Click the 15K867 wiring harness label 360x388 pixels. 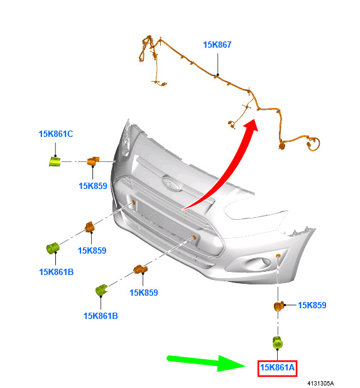click(x=217, y=45)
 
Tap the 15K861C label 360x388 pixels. click(x=56, y=134)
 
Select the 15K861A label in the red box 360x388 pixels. click(x=277, y=367)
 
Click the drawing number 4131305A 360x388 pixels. click(x=320, y=384)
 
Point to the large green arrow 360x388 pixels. click(x=207, y=363)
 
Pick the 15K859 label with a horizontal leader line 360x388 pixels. click(x=312, y=305)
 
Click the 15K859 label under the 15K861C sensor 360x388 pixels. click(x=93, y=186)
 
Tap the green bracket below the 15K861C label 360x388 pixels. click(x=55, y=161)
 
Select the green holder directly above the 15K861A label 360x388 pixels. click(x=278, y=343)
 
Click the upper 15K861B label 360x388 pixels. click(x=56, y=272)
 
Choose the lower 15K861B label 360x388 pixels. click(x=101, y=316)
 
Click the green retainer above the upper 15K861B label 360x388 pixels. click(x=53, y=248)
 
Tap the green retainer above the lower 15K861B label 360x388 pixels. click(x=102, y=290)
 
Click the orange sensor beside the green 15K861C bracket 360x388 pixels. click(x=93, y=161)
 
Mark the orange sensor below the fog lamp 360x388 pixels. click(x=279, y=306)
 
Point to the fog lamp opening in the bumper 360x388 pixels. click(x=257, y=264)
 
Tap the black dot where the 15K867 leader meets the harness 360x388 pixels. click(x=217, y=75)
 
